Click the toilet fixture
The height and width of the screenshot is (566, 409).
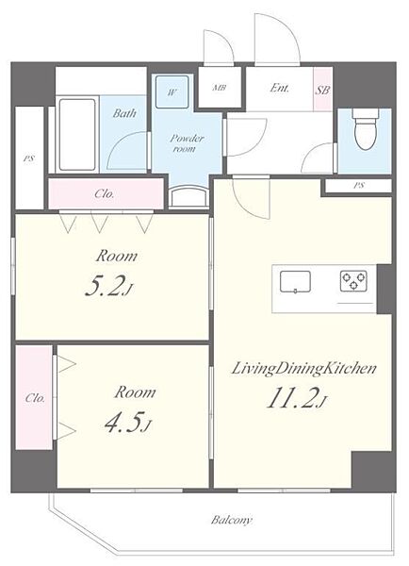pos(366,129)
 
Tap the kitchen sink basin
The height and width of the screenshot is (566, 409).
pos(295,281)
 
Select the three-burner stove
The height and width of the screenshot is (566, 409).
pos(353,281)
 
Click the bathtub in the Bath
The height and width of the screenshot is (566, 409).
pos(77,134)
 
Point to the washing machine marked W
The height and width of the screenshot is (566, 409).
pos(172,92)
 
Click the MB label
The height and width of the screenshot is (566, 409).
pos(219,88)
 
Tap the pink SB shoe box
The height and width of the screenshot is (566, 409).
pos(322,90)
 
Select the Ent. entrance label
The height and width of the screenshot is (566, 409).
pos(280,88)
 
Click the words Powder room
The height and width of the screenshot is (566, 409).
pos(187,143)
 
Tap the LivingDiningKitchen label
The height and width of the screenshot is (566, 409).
pos(303,369)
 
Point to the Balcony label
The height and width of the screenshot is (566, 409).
pos(231,520)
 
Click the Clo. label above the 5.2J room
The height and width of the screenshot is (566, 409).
pos(105,194)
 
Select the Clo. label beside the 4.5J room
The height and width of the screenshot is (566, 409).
pos(35,398)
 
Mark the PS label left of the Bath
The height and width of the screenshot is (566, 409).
pos(29,158)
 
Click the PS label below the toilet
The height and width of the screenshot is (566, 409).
pos(358,186)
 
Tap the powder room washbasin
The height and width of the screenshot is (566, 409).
pos(189,197)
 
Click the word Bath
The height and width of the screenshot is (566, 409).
pos(124,113)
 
